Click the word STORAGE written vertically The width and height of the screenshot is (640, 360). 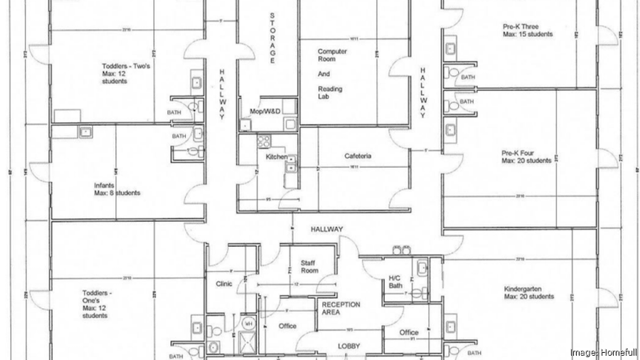[x=272, y=38]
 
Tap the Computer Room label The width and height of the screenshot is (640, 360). [x=331, y=56]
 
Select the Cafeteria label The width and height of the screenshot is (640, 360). [x=358, y=156]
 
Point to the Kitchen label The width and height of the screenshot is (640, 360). [x=277, y=157]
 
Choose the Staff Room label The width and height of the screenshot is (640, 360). [x=308, y=266]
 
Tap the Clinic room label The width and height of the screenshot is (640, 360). [x=224, y=283]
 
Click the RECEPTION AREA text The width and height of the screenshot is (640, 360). [x=341, y=308]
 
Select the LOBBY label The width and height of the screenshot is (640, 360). [x=348, y=346]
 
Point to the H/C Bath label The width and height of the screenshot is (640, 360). [x=396, y=282]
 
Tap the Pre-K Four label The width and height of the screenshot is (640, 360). [x=526, y=157]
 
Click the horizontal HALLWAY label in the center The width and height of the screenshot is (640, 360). [x=326, y=229]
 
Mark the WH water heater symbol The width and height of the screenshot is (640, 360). [x=249, y=323]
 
